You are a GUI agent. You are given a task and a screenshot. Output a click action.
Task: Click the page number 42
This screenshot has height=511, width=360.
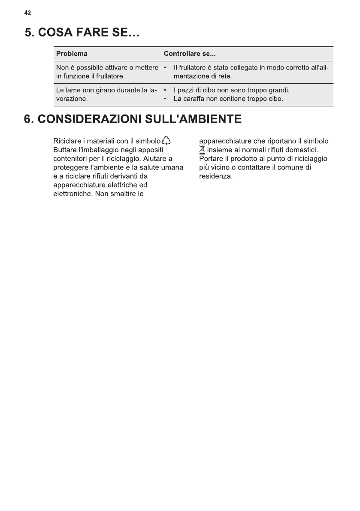(27, 13)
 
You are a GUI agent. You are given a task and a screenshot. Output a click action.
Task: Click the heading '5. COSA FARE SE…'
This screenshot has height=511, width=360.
(83, 33)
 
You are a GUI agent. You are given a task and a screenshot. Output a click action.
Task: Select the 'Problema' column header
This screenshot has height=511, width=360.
(72, 54)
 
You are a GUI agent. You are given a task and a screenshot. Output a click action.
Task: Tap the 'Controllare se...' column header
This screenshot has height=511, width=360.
(190, 54)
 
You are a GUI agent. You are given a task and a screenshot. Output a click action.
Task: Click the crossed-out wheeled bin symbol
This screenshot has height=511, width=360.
(203, 150)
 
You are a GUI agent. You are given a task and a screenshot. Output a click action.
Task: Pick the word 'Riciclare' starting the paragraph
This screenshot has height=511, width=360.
(67, 141)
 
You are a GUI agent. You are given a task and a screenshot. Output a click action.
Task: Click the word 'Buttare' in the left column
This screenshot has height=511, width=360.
(65, 150)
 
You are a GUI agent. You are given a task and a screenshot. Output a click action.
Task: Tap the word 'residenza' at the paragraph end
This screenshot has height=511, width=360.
(215, 176)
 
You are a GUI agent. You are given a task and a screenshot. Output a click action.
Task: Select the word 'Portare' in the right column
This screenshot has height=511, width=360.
(211, 159)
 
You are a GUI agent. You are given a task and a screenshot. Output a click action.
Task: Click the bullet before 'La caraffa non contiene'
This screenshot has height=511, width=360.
(165, 100)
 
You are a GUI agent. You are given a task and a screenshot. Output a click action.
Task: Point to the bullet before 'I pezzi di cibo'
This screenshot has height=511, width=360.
(165, 91)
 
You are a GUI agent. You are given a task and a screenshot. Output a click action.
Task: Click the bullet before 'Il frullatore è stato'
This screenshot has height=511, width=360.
(165, 68)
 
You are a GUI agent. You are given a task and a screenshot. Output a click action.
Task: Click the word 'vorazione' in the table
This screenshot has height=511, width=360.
(72, 100)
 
